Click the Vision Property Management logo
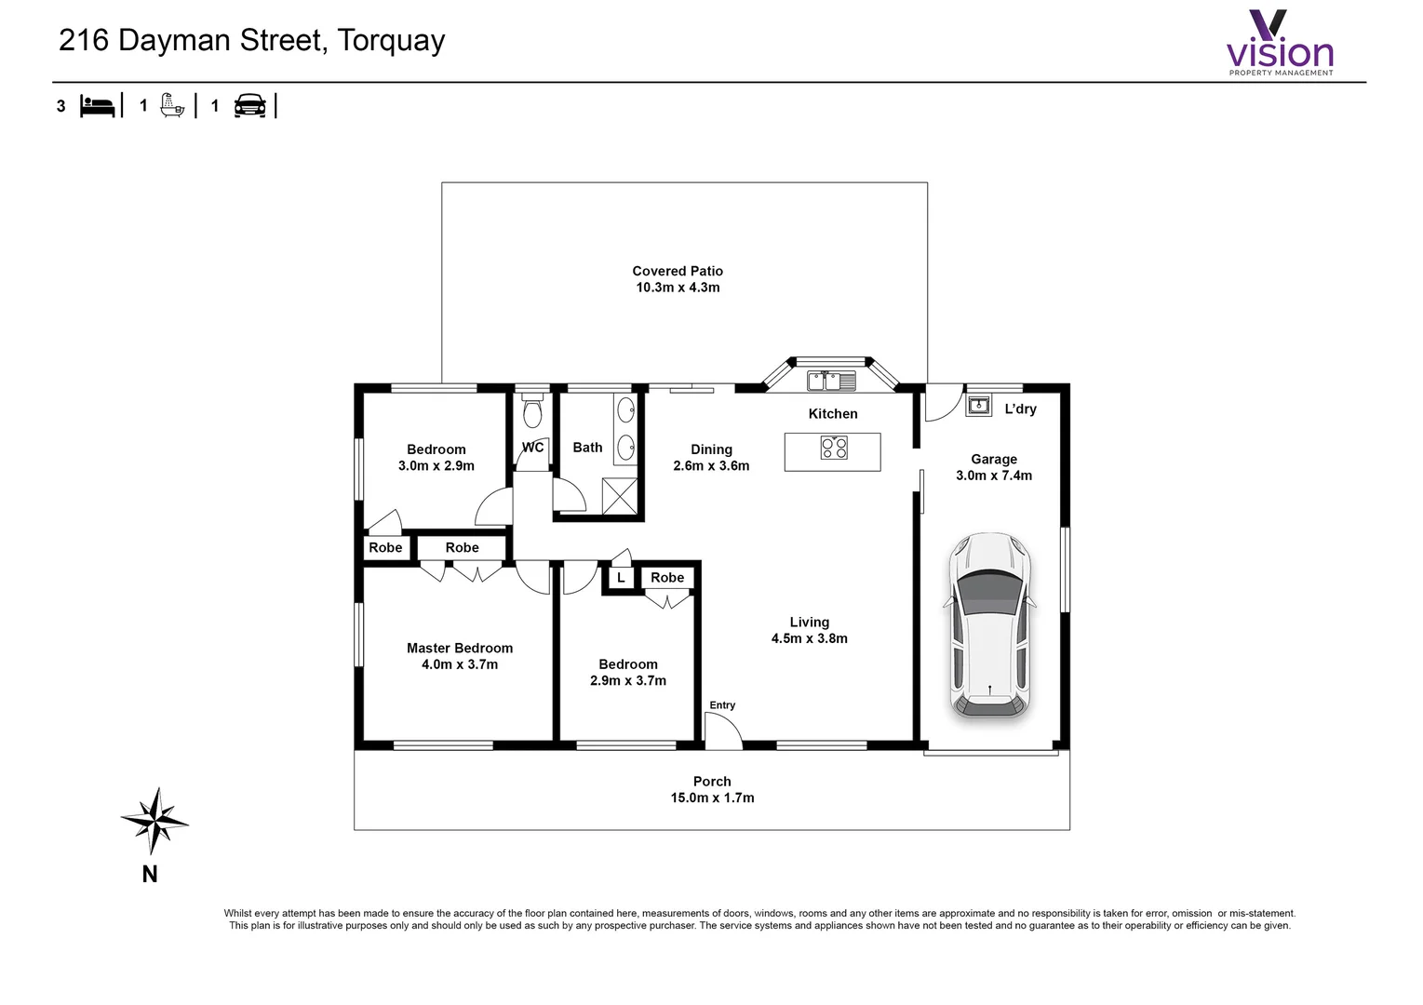[x=1280, y=43]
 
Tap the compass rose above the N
[x=154, y=821]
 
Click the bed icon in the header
[x=97, y=105]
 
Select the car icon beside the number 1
[x=250, y=105]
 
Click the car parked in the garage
[x=989, y=625]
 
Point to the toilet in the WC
[x=532, y=410]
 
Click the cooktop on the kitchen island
[x=834, y=448]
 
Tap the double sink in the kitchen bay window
[x=832, y=382]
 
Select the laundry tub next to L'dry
[x=978, y=405]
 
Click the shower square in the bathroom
[x=620, y=496]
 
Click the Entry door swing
[x=723, y=730]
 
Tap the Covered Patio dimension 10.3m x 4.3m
[x=678, y=288]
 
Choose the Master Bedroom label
[x=460, y=648]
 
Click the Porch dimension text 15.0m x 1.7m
[x=712, y=797]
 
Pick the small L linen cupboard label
[x=621, y=578]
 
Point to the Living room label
[x=810, y=622]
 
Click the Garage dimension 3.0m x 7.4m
[x=994, y=476]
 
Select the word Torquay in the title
[x=391, y=41]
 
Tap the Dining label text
[x=711, y=449]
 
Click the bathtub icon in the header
[x=172, y=105]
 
